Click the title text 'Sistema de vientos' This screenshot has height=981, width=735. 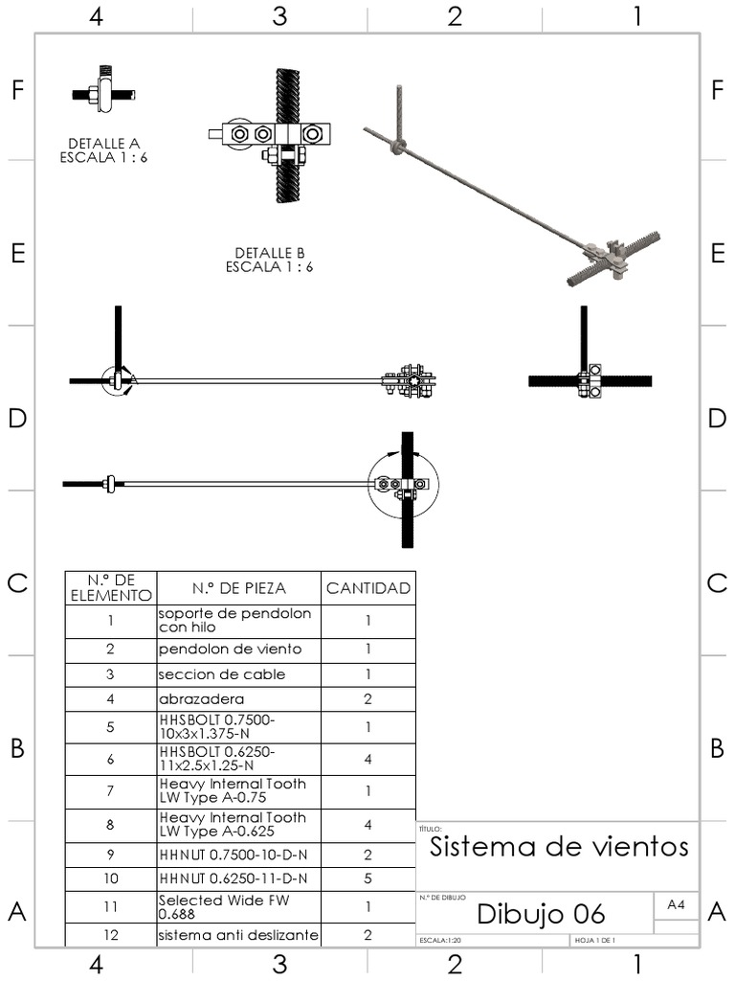point(559,847)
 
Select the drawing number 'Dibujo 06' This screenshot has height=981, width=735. point(541,913)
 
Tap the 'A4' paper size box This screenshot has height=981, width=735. point(676,904)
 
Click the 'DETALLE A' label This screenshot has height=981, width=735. point(103,144)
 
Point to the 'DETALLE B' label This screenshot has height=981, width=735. point(269,253)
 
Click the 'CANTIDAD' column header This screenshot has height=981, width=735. point(367,588)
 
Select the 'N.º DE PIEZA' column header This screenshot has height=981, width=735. point(238,588)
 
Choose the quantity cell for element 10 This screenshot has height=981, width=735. point(367,878)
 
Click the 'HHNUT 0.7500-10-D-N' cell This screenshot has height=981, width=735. point(238,854)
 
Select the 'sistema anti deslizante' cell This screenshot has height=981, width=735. point(238,935)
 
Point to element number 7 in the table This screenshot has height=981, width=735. point(110,791)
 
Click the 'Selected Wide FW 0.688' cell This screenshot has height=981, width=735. point(238,906)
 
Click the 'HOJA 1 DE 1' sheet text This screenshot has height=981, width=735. point(596,941)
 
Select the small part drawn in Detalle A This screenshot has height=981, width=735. point(102,93)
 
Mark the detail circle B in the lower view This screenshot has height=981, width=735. point(404,485)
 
